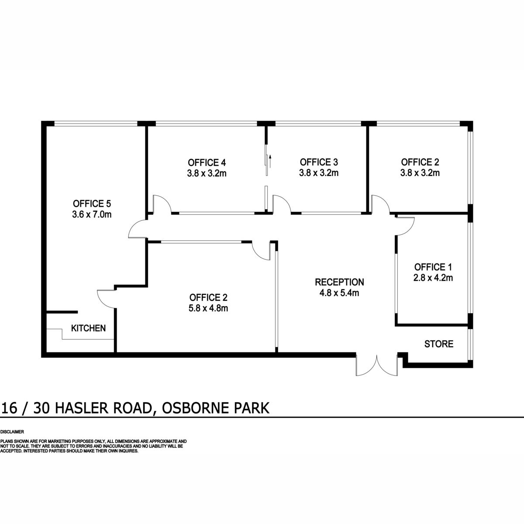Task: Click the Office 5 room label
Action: pos(92,203)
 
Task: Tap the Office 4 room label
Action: pos(207,162)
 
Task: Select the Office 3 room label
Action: pos(319,162)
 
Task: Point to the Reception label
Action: pos(339,282)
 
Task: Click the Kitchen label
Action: pos(88,328)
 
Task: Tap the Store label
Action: pos(438,344)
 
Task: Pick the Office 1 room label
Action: pos(433,267)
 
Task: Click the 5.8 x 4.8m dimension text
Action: pos(208,308)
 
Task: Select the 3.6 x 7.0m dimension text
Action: pos(92,214)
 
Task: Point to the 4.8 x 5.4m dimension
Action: pos(339,293)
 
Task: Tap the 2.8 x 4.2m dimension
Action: pos(433,278)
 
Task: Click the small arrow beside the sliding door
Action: pos(270,161)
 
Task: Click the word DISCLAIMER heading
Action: pos(12,432)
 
